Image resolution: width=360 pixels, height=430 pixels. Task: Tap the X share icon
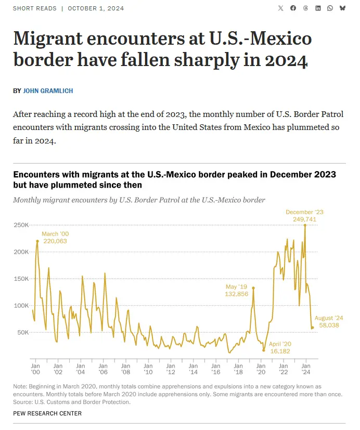[x=281, y=8]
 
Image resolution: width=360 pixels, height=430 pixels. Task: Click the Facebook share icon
[x=293, y=8]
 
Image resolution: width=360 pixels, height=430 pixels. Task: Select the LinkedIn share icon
[x=318, y=8]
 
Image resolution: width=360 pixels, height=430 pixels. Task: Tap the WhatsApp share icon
[x=330, y=8]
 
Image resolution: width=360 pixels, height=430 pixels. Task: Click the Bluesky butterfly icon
[x=342, y=8]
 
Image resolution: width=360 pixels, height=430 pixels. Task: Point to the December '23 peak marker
[x=305, y=225]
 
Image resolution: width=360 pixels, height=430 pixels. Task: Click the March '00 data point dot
[x=37, y=241]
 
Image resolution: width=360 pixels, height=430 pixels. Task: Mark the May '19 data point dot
[x=253, y=288]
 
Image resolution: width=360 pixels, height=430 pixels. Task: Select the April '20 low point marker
[x=264, y=350]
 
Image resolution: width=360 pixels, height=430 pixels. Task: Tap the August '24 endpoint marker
[x=313, y=328]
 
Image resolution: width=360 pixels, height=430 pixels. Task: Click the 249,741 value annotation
[x=304, y=219]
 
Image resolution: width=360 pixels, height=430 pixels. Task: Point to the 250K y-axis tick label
[x=21, y=225]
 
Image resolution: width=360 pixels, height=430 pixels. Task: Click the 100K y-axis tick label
[x=21, y=305]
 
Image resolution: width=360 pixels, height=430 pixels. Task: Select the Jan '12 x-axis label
[x=171, y=369]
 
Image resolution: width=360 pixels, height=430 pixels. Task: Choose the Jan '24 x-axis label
[x=306, y=369]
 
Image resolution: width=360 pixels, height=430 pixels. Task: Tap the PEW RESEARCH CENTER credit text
[x=47, y=413]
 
